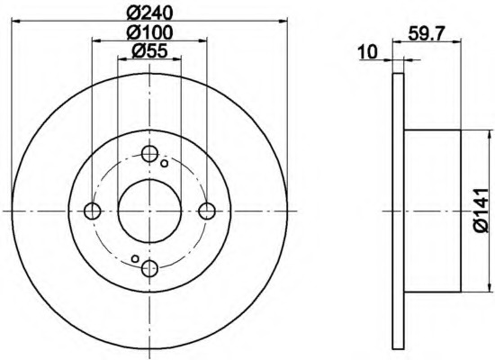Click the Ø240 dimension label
[150, 13]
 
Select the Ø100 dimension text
[150, 32]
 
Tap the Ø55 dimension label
[149, 50]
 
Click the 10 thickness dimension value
[368, 52]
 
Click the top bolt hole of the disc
[149, 154]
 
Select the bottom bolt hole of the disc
[149, 269]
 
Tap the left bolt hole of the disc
[93, 211]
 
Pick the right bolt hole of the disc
[207, 211]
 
